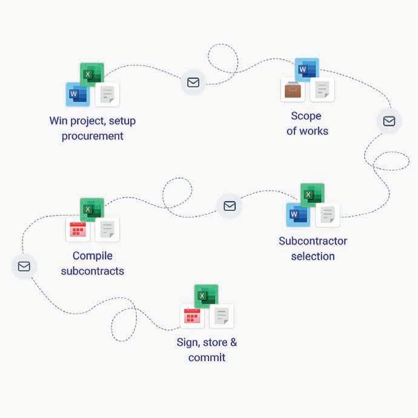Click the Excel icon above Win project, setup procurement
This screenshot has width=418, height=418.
coord(92,75)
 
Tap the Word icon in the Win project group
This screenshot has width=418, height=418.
coord(77,95)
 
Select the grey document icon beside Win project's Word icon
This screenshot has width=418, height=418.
coord(107,95)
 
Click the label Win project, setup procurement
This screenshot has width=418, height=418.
coord(93,128)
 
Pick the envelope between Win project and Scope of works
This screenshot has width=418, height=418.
coord(193,82)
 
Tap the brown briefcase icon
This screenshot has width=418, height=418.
coord(293,90)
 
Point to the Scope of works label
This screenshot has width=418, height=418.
coord(307,123)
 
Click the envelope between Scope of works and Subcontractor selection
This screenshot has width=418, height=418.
coord(389,121)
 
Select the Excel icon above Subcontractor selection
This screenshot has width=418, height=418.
coord(313,195)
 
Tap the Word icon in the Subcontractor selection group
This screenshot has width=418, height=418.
coord(297,214)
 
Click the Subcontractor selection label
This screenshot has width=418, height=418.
coord(313,248)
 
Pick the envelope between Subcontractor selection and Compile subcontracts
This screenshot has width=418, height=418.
coord(230,206)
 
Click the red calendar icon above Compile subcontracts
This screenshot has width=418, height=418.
coord(78,230)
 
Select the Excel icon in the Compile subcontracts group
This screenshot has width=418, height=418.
coord(92,210)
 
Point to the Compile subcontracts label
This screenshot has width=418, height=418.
coord(93,264)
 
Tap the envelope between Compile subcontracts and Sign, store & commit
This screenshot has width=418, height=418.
coord(24,266)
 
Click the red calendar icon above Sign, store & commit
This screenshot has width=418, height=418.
coord(192,316)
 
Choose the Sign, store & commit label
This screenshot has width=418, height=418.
coord(207,350)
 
